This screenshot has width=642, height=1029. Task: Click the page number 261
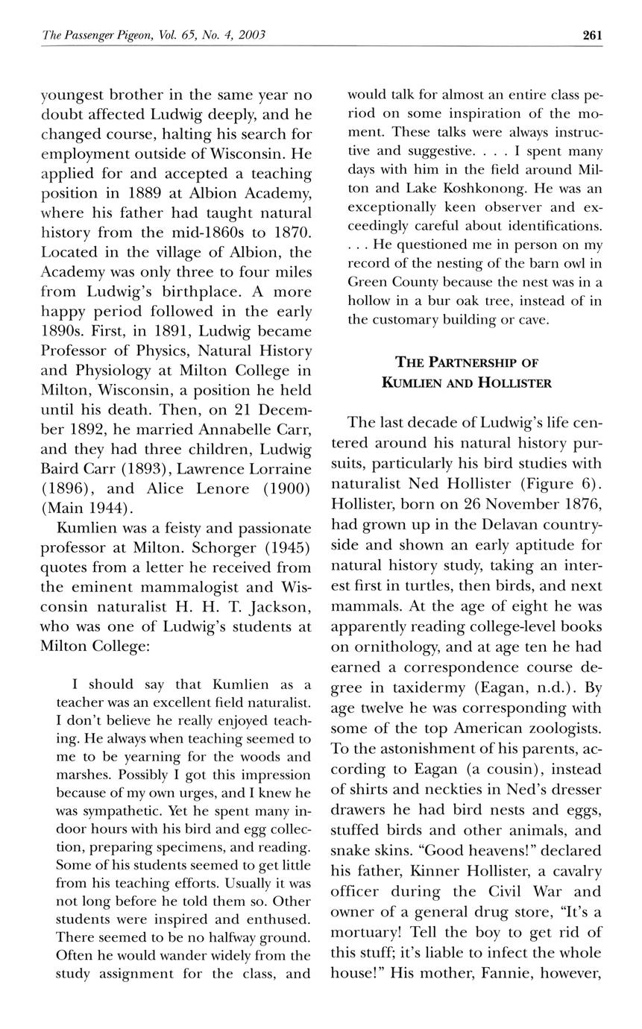tap(592, 35)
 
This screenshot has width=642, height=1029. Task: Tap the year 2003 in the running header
tap(251, 35)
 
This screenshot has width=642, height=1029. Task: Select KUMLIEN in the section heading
tap(412, 383)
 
